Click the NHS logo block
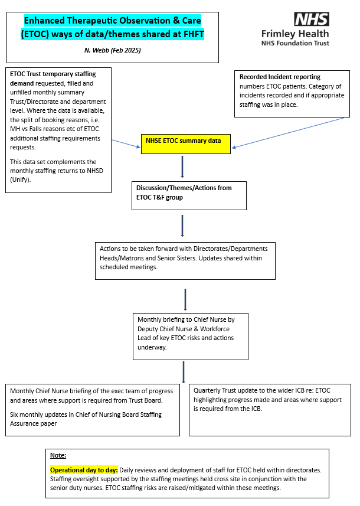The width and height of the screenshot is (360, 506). coord(311,19)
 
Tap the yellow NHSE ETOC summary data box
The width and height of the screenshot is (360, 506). coord(186,144)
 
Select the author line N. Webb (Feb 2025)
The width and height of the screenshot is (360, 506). coord(113,50)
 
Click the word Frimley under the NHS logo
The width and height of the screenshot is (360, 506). coord(277,34)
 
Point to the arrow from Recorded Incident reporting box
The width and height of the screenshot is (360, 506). coord(288,133)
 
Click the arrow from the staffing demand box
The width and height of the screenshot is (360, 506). coord(126,144)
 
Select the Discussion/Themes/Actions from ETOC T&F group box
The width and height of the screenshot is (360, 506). coord(189,195)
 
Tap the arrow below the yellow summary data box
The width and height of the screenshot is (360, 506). coord(182,167)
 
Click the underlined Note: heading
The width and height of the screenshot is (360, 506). coord(58,455)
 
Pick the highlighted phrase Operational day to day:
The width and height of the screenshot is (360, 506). coord(84,470)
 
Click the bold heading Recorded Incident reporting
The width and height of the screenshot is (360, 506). coord(280,77)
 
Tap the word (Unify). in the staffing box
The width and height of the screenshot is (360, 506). coord(20,179)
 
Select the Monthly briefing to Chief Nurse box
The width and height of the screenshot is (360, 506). coord(191,337)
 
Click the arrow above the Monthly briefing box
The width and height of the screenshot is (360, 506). coord(185,300)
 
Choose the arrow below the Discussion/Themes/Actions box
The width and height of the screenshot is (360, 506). coord(182,226)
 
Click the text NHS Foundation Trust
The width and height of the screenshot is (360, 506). coord(295,43)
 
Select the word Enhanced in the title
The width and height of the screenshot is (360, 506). coord(44,21)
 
